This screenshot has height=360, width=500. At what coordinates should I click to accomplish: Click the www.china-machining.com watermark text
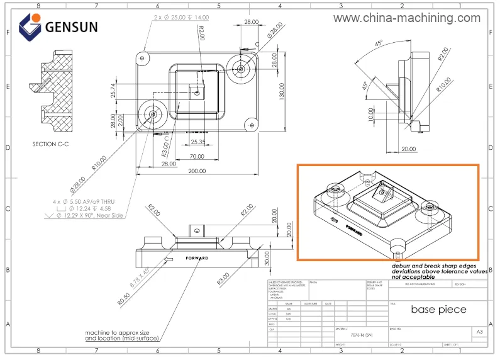[406, 18]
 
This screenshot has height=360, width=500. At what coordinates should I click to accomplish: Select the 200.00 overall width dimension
[197, 171]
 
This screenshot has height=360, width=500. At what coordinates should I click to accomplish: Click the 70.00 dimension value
[197, 156]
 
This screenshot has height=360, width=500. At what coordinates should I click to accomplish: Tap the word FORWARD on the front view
[197, 258]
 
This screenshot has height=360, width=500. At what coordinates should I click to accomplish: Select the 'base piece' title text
[438, 310]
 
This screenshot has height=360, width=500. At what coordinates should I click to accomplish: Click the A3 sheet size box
[479, 331]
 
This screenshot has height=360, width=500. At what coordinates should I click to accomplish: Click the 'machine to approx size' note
[118, 333]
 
